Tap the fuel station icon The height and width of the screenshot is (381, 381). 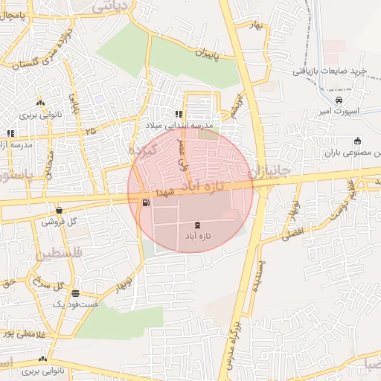tap(144, 202)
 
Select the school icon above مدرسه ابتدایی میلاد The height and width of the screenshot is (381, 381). tap(179, 114)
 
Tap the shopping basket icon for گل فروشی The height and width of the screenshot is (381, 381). tap(59, 210)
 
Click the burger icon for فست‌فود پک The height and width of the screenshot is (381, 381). tap(75, 293)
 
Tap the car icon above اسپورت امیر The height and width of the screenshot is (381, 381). tap(339, 100)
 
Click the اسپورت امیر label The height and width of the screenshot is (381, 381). tap(337, 112)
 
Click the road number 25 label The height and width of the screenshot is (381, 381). tap(91, 131)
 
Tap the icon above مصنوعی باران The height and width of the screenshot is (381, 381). tap(357, 141)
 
